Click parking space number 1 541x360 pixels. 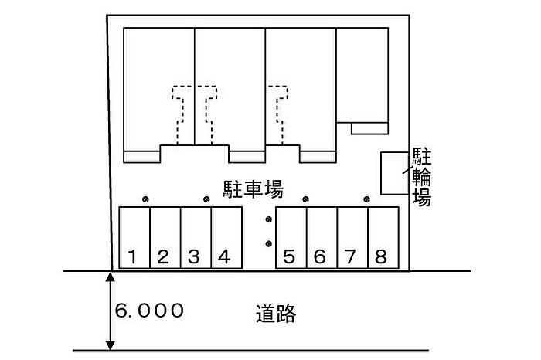click(134, 238)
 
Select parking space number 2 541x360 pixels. click(165, 238)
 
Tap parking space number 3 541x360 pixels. click(196, 238)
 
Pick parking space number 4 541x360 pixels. click(226, 238)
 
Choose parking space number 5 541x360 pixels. click(291, 238)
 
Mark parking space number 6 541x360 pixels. click(322, 238)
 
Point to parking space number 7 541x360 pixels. click(352, 238)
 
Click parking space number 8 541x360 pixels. click(383, 238)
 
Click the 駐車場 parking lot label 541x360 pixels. click(253, 189)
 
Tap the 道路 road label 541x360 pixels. click(276, 314)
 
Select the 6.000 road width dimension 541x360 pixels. click(149, 311)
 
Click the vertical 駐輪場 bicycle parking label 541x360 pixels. click(422, 177)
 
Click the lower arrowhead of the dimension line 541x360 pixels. click(110, 345)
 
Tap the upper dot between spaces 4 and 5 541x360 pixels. click(269, 219)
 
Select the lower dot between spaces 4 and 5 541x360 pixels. click(269, 244)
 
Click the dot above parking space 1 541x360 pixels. click(145, 199)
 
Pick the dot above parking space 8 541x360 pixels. click(367, 199)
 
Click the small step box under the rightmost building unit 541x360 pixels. click(370, 128)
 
